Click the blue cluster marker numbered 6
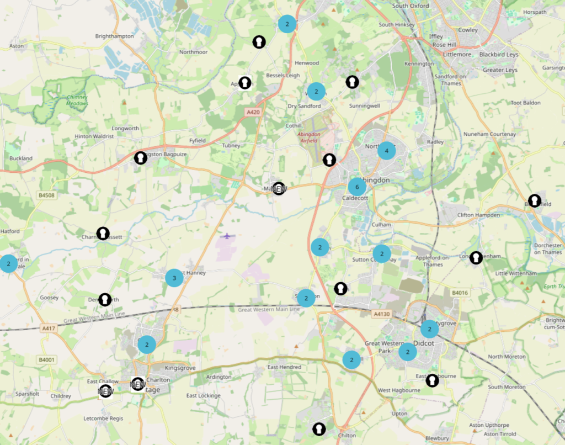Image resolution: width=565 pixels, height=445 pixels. tap(357, 187)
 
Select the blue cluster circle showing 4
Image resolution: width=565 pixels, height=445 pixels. tap(386, 151)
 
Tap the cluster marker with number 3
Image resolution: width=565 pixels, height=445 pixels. tap(174, 278)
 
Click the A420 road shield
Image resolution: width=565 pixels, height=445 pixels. tap(253, 112)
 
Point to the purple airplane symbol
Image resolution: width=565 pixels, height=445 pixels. tap(227, 236)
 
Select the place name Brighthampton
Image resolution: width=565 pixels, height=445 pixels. tap(114, 36)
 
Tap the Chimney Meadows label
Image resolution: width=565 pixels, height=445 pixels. tap(77, 100)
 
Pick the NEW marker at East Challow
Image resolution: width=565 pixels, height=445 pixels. tap(105, 391)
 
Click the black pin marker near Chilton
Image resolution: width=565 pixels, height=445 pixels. tap(318, 428)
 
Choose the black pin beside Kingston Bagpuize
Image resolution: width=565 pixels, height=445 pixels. tap(141, 158)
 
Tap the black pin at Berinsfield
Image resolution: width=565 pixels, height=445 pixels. tap(534, 200)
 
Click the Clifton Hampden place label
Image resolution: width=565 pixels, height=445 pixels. tap(478, 215)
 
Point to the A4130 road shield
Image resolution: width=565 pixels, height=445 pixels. tap(381, 314)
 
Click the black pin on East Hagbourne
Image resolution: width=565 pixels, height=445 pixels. tap(433, 380)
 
